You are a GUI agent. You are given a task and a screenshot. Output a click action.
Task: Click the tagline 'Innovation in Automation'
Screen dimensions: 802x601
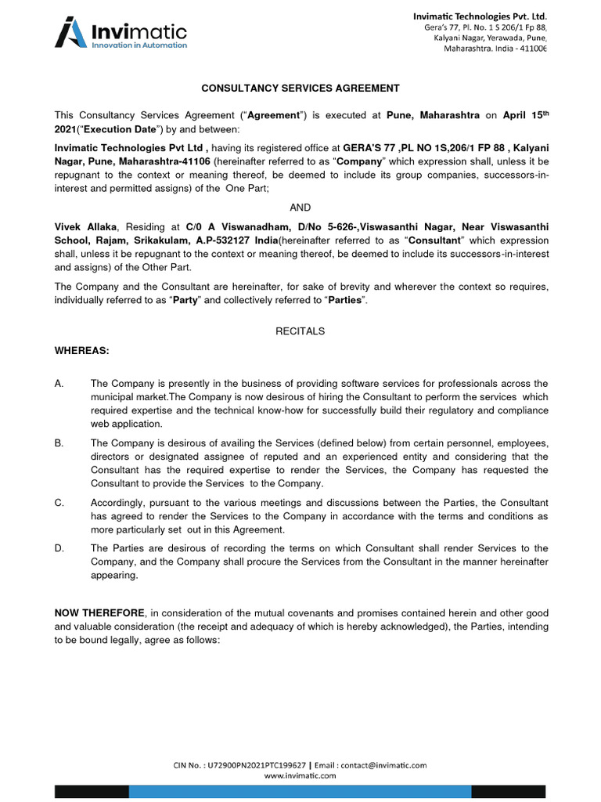[139, 45]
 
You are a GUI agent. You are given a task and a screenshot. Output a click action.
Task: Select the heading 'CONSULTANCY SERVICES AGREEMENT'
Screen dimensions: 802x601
[300, 89]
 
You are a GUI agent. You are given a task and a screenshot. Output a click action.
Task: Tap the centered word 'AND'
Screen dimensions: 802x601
[300, 208]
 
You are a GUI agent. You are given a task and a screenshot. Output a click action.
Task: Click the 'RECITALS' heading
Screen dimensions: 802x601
[300, 331]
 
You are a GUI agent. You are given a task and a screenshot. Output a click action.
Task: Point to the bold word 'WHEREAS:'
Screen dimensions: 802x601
[82, 351]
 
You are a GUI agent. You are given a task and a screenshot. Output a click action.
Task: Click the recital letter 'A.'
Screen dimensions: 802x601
[59, 383]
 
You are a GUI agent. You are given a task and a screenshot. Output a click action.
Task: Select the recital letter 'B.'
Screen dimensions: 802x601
[59, 443]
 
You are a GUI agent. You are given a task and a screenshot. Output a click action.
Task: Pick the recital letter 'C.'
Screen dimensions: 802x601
[59, 502]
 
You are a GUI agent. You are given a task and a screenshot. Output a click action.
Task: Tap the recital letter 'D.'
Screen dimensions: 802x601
[59, 548]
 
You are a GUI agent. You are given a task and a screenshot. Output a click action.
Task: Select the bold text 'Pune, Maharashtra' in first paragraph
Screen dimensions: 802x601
[427, 115]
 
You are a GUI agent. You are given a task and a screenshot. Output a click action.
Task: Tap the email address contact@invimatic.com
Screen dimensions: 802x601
[383, 765]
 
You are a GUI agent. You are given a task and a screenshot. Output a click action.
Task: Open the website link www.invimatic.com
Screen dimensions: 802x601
[300, 775]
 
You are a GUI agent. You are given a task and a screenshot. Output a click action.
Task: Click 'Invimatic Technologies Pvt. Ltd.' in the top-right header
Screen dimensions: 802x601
[480, 16]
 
